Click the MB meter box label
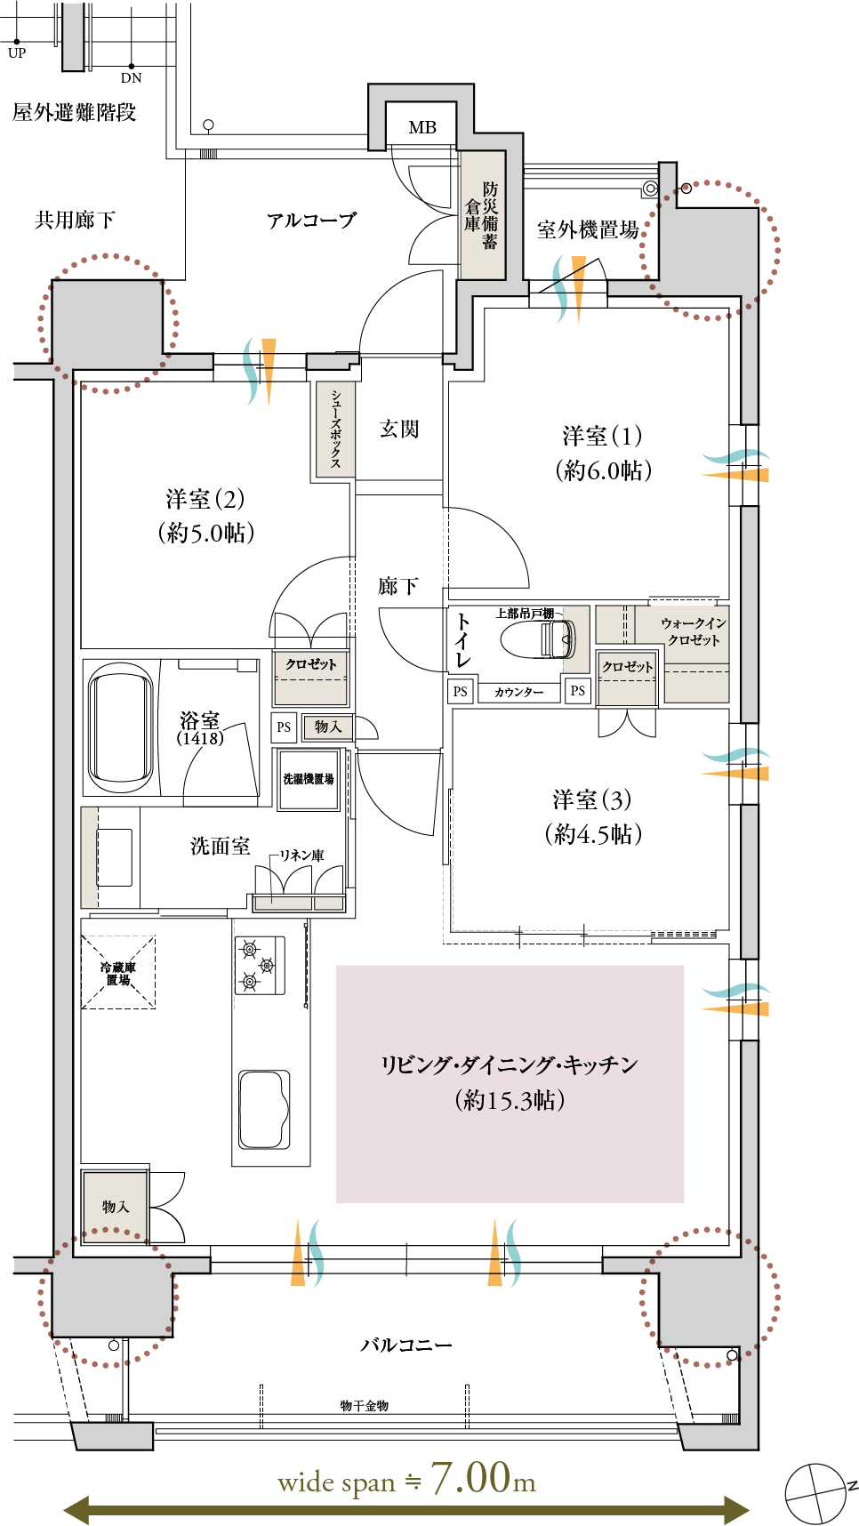tap(422, 127)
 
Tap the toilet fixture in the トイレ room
tap(537, 639)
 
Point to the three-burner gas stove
tap(260, 965)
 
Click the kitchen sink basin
tap(264, 1109)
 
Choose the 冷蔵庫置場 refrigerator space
tap(118, 972)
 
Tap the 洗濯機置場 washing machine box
tap(309, 780)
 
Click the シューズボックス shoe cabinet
tap(335, 430)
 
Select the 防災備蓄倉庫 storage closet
tap(482, 215)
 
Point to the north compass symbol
tap(818, 1493)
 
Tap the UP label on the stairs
tap(17, 53)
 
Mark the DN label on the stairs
tap(132, 78)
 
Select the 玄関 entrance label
tap(399, 429)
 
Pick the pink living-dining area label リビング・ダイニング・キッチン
tap(510, 1065)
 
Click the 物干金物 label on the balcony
tap(365, 1406)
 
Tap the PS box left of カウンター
tap(460, 692)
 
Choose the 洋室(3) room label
tap(591, 799)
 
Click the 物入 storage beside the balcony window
tap(115, 1207)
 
